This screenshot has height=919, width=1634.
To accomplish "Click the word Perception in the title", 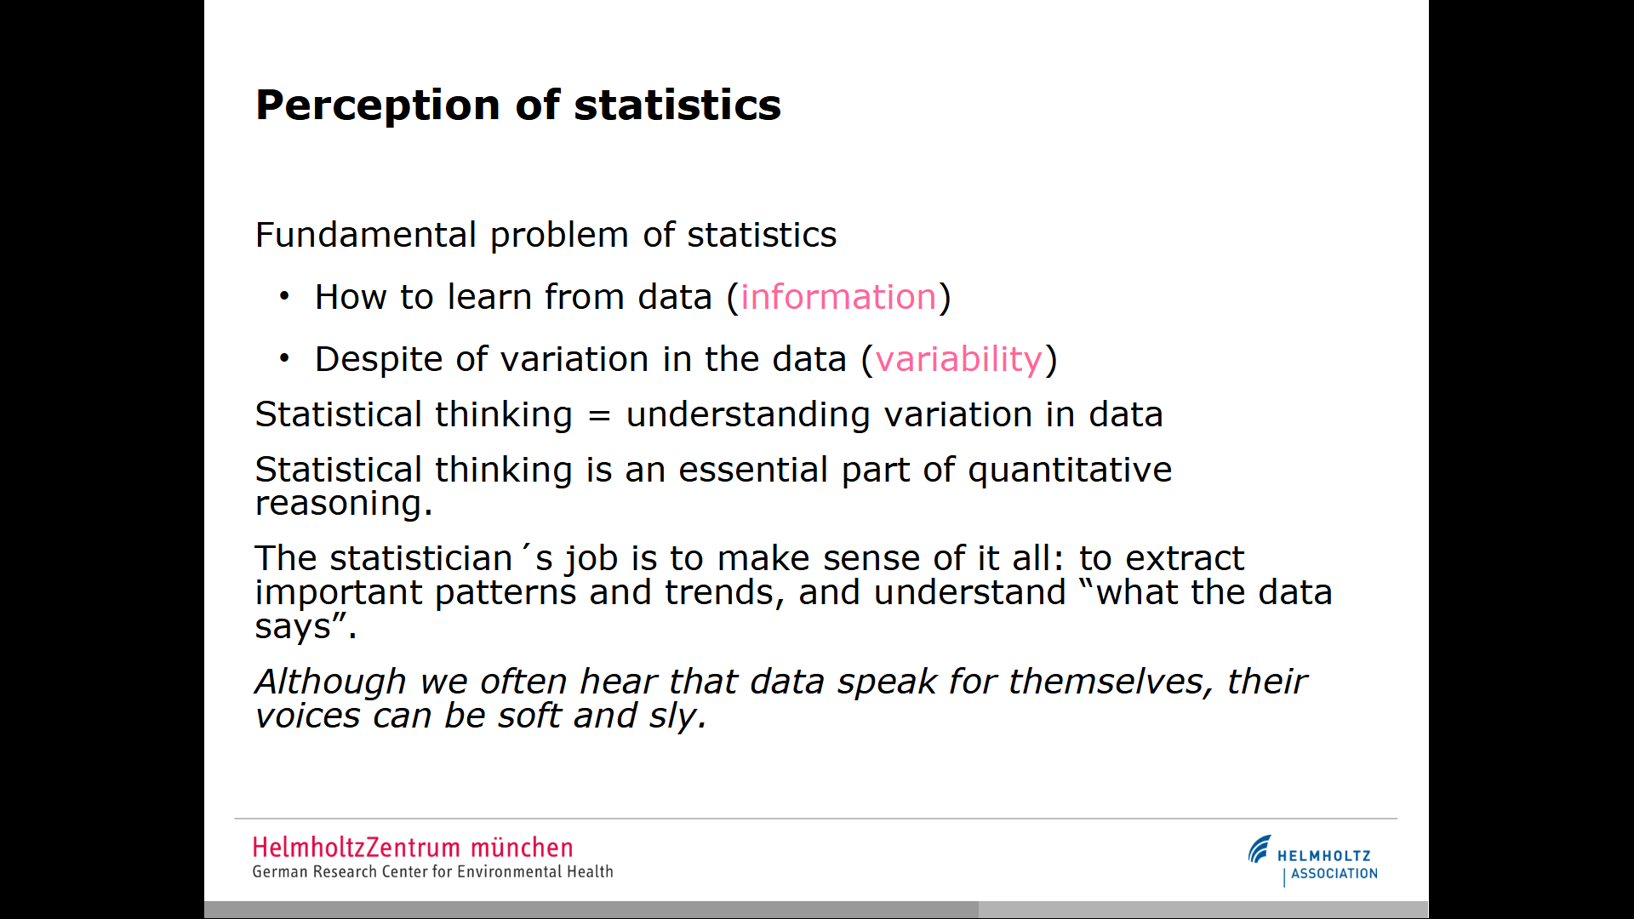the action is coord(378,106).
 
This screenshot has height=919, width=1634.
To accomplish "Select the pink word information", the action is coord(838,297).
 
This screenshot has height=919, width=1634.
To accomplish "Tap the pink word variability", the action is coord(959,359).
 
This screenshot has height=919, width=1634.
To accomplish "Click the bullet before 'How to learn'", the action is coord(284,297).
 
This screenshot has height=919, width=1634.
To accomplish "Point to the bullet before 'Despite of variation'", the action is coord(284,359).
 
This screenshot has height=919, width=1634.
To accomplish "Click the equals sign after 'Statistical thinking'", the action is coord(600,416).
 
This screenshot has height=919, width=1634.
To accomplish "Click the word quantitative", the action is coord(1070,470).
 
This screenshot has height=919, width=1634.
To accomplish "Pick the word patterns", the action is coord(506,593).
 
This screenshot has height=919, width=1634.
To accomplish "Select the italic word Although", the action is coord(330,682).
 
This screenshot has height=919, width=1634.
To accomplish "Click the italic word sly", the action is coord(673,716).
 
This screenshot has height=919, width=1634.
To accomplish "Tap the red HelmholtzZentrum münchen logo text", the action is coord(413,848).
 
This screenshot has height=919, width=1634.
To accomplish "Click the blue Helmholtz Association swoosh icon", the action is coord(1260,849).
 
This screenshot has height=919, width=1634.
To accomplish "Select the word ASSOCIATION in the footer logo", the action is coord(1334,874).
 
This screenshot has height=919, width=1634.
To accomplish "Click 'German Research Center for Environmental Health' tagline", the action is coord(432,872).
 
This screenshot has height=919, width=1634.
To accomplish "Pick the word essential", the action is coord(753,470).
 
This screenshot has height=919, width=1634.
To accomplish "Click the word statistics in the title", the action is coord(677,106).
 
